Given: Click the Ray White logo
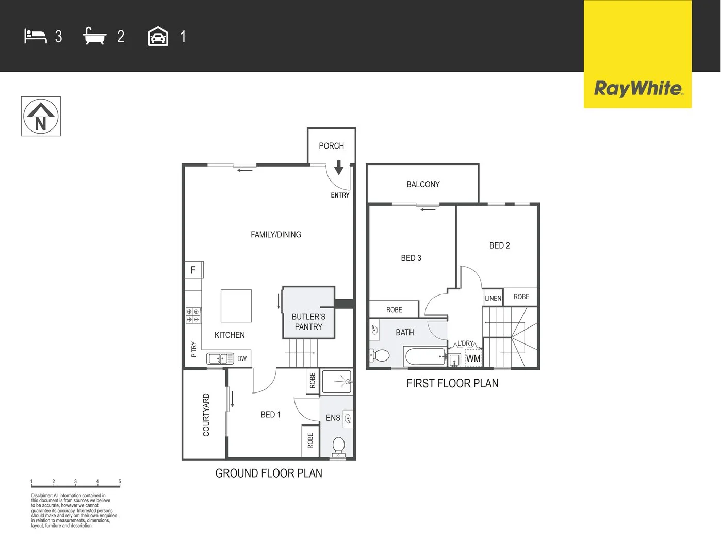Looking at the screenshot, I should coord(638,88).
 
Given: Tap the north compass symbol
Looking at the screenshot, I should coord(41,117).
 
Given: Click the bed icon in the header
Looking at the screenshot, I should coord(36,37).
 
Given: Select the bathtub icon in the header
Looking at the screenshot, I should coord(94,37).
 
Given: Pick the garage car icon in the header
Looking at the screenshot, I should coord(158,37).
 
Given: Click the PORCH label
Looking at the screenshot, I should coord(331,146).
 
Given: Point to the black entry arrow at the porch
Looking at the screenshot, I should coord(339,168).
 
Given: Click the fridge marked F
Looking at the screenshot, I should coord(193,270).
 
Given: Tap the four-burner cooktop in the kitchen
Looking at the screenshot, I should coord(193,316).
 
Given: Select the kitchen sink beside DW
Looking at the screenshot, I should coord(220,358).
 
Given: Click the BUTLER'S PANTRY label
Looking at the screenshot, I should coord(308,322).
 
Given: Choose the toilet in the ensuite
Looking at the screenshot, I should coord(339,446).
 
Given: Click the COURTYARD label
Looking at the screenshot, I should coord(206,415).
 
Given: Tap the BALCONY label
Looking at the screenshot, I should coord(423,184).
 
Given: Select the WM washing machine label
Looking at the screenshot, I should coord(473,358).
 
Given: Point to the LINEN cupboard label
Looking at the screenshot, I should coord(493,298).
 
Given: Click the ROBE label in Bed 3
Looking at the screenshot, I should coord(394,310).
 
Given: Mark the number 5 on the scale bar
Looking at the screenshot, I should coord(120,482).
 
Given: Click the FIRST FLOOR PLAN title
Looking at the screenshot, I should coord(452,383).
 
